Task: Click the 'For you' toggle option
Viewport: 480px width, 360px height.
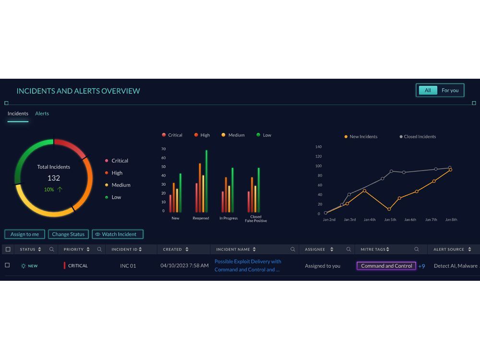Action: [450, 90]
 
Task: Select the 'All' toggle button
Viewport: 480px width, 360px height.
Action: [428, 90]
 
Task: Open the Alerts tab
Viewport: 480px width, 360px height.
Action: [42, 114]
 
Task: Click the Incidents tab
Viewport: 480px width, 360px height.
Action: [18, 114]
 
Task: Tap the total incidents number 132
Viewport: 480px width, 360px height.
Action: [54, 178]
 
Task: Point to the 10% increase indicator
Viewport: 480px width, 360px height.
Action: [53, 190]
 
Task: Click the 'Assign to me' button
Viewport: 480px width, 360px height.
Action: [25, 234]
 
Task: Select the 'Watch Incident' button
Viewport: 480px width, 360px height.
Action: [118, 234]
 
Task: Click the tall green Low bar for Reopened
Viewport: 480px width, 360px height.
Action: [206, 181]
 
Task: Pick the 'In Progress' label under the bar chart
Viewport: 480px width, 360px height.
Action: [228, 218]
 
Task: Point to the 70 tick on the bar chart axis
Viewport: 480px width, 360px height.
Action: [163, 149]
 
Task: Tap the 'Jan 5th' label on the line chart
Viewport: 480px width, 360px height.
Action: [390, 220]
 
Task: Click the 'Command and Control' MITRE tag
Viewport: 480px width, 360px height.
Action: [386, 266]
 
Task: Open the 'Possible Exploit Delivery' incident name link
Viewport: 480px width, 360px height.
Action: [248, 265]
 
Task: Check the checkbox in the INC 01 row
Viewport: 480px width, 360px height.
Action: [7, 265]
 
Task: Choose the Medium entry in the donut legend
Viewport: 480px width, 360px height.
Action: [120, 185]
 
